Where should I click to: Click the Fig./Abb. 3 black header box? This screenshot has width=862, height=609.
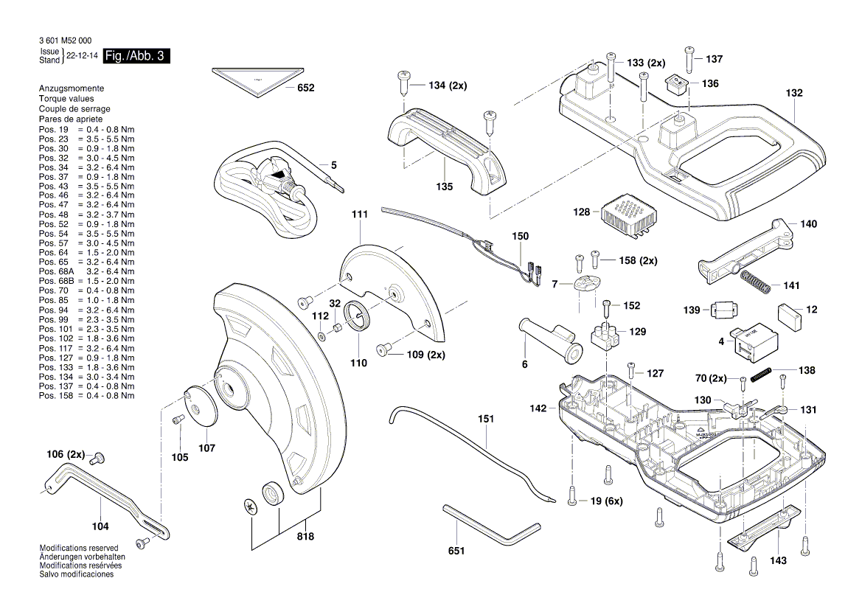tap(136, 57)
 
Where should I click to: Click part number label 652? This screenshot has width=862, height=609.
tap(305, 88)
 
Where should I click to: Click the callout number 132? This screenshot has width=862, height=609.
tap(793, 94)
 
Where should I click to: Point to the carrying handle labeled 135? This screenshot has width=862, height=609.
tap(446, 151)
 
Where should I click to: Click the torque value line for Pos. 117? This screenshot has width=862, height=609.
tap(87, 358)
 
